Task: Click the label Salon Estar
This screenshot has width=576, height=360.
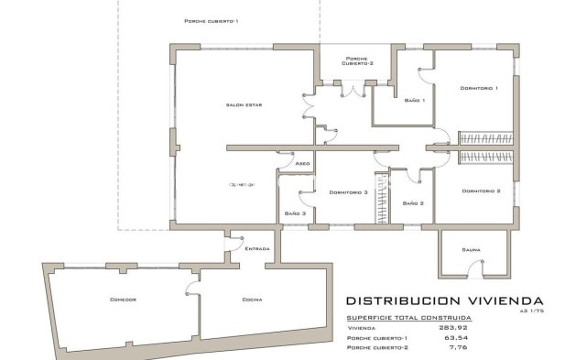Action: point(244,106)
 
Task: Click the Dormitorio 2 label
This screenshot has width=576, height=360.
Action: point(481,191)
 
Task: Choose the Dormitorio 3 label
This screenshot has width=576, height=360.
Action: point(347,192)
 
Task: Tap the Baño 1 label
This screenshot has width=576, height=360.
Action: point(414,100)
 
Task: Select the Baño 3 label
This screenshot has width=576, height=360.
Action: point(294,213)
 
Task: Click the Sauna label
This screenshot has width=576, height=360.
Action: point(472,248)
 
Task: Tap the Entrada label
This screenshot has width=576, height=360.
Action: point(256,248)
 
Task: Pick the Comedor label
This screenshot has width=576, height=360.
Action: point(123,300)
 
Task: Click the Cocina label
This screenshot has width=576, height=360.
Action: point(253,300)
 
